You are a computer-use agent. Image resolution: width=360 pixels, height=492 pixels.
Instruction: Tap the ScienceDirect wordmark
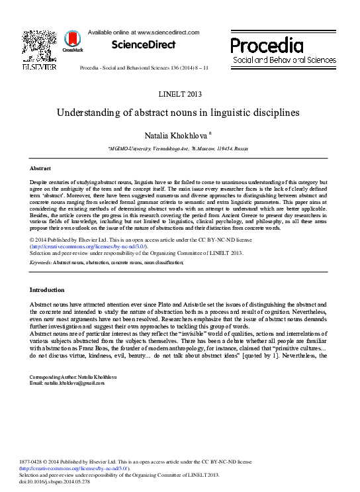tap(143, 45)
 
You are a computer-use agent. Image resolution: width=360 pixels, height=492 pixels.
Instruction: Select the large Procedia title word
tap(267, 45)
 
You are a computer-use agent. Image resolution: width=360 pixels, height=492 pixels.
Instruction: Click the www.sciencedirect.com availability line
tap(143, 32)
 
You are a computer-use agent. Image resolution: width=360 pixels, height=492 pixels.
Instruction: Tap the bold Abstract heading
tap(40, 169)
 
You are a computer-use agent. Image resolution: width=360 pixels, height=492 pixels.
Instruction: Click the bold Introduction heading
tap(47, 290)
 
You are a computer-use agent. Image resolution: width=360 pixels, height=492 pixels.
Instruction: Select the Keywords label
tap(41, 263)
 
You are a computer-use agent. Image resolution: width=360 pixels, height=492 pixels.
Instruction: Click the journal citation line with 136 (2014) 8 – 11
tap(143, 68)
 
